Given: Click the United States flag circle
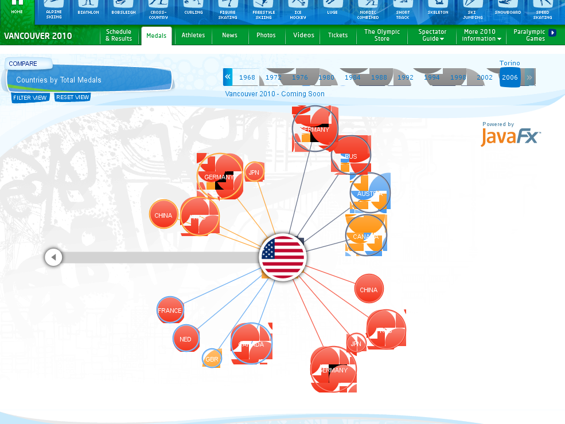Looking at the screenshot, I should pos(283,257).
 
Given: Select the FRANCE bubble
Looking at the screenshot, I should pos(170,310).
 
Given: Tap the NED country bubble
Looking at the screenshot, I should pos(185,339).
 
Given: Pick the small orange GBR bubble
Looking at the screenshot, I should pos(212,359).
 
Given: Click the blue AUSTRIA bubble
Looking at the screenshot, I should pos(370,193).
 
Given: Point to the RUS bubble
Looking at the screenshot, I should pos(351,156).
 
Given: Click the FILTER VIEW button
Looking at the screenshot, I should pos(30,97).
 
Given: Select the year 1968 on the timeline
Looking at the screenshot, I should pos(247,77).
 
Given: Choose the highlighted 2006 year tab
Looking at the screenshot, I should pos(509,77).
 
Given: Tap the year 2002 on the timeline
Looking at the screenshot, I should pos(485,77).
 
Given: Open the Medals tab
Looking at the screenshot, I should pos(157,36).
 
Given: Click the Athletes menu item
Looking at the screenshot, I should pos(193,36).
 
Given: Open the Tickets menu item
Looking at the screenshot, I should pos(338,36).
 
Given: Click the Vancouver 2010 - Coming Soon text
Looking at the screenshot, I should pos(275,94).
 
